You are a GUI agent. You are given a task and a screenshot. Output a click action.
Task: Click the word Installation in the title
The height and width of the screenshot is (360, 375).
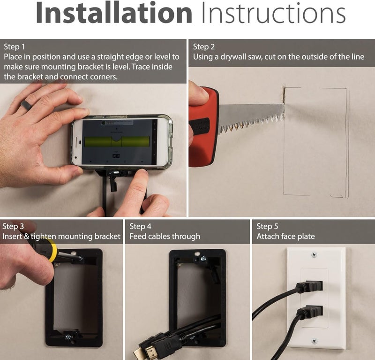pyautogui.click(x=114, y=13)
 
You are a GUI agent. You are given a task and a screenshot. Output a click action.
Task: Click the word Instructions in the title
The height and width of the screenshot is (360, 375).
pyautogui.click(x=274, y=13)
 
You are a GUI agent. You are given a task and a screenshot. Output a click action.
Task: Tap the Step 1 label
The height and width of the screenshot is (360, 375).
pyautogui.click(x=15, y=47)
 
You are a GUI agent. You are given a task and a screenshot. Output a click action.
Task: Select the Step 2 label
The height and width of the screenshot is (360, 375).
pyautogui.click(x=204, y=47)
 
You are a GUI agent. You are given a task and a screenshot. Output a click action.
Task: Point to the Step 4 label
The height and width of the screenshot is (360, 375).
pyautogui.click(x=140, y=226)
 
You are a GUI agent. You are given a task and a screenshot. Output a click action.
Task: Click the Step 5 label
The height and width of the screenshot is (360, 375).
pyautogui.click(x=267, y=226)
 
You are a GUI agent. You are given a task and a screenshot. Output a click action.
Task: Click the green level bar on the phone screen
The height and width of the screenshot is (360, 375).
pyautogui.click(x=117, y=142)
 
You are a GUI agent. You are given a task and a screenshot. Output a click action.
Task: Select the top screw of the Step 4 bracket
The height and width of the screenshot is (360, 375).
pyautogui.click(x=203, y=259)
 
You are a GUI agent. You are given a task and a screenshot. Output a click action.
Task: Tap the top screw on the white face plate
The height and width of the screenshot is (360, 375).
pyautogui.click(x=314, y=255)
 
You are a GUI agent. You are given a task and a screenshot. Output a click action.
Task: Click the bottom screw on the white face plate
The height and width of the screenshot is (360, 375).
pyautogui.click(x=315, y=341)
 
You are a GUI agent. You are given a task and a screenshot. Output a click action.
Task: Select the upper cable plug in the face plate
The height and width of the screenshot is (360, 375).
pyautogui.click(x=310, y=286)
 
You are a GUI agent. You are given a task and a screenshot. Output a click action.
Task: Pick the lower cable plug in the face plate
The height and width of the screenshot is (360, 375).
pyautogui.click(x=310, y=312)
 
